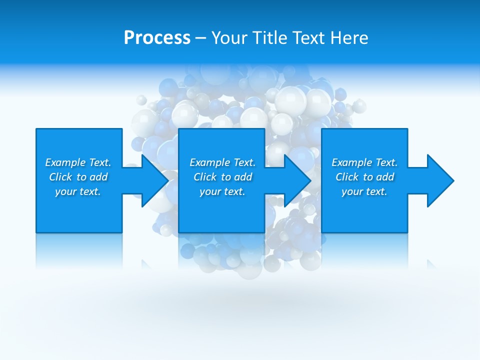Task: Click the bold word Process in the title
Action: (x=157, y=37)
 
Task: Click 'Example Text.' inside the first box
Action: (x=78, y=162)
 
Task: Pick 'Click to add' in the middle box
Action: (x=222, y=177)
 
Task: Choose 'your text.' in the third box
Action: (x=364, y=191)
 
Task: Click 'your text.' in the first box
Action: (x=78, y=191)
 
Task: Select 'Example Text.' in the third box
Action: (x=364, y=162)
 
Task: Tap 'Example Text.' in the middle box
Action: (x=222, y=162)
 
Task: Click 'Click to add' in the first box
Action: (x=78, y=177)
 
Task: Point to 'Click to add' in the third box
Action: (x=364, y=177)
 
